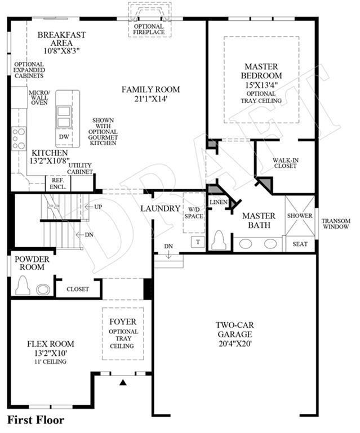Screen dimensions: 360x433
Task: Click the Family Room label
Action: pyautogui.click(x=150, y=90)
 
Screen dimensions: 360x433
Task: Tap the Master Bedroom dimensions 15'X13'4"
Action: pyautogui.click(x=261, y=84)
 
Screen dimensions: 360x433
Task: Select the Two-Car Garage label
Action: pyautogui.click(x=235, y=329)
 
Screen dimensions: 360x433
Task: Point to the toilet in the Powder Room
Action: pyautogui.click(x=23, y=285)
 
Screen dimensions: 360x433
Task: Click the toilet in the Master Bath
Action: pyautogui.click(x=219, y=240)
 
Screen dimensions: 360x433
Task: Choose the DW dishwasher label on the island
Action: pyautogui.click(x=64, y=136)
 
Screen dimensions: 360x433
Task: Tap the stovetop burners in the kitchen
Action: pyautogui.click(x=19, y=139)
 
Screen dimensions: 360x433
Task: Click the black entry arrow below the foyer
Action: pyautogui.click(x=123, y=382)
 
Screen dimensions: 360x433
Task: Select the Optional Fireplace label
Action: pyautogui.click(x=149, y=29)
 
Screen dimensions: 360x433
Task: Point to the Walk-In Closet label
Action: pyautogui.click(x=286, y=163)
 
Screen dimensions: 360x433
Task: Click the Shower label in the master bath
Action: pyautogui.click(x=300, y=216)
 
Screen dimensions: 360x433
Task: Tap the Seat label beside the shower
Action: pyautogui.click(x=300, y=244)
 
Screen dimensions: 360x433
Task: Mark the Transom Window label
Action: pyautogui.click(x=336, y=224)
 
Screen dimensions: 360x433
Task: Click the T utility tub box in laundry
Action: pyautogui.click(x=198, y=242)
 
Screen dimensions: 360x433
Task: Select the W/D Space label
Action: pyautogui.click(x=194, y=213)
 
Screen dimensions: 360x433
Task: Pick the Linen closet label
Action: pyautogui.click(x=219, y=202)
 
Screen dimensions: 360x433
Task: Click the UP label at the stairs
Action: pyautogui.click(x=98, y=207)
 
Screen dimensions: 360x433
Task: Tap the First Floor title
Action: pyautogui.click(x=35, y=420)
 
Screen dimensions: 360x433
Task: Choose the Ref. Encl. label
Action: pyautogui.click(x=58, y=184)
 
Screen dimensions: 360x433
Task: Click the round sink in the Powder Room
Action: pyautogui.click(x=43, y=289)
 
